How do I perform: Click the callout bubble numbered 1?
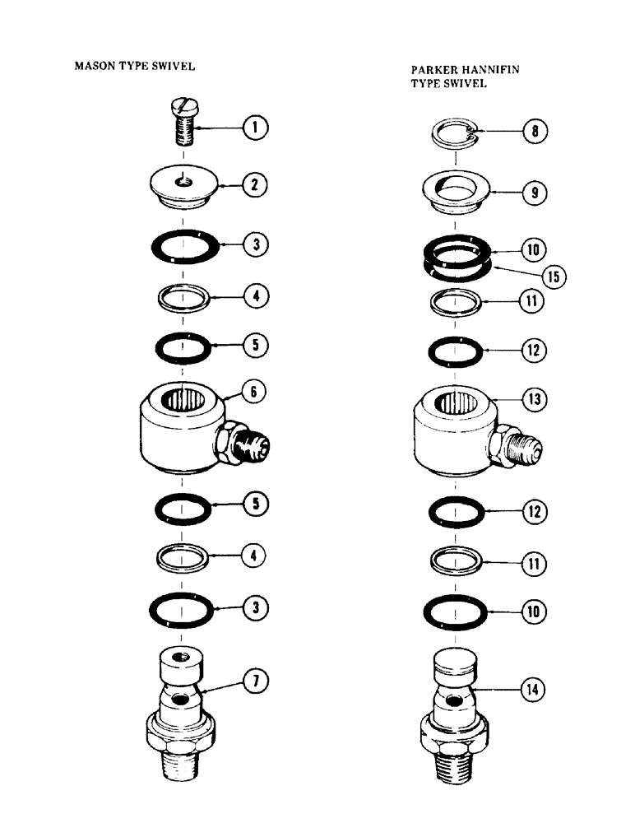(x=255, y=128)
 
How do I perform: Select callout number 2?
(x=255, y=184)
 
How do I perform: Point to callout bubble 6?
(x=255, y=393)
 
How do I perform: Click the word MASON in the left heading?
(x=95, y=67)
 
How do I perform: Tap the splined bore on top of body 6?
(x=185, y=401)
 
